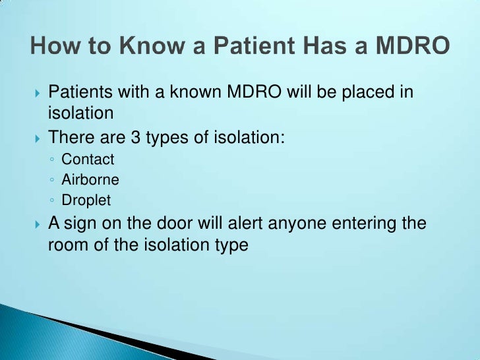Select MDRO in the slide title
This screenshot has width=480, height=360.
(414, 47)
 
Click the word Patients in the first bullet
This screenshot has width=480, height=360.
(79, 92)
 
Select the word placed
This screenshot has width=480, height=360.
(363, 92)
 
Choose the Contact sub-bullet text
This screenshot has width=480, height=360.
(88, 160)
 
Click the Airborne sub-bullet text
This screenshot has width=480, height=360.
(90, 179)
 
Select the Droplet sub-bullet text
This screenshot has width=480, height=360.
(86, 200)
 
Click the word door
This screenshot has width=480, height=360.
(177, 223)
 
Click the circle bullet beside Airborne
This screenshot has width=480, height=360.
(52, 180)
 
